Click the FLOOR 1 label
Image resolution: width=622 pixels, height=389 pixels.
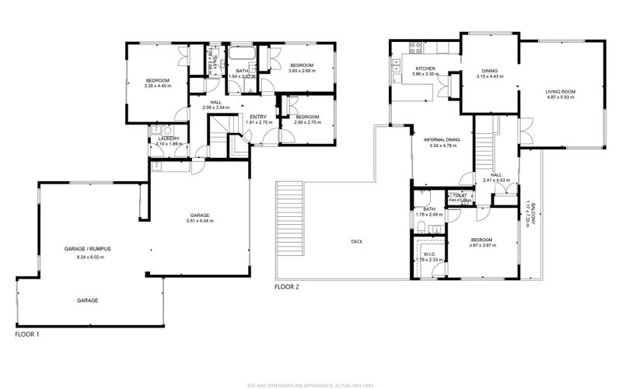pyautogui.click(x=27, y=335)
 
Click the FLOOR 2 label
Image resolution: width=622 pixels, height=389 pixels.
pyautogui.click(x=287, y=287)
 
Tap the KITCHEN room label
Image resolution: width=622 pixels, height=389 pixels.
pyautogui.click(x=425, y=69)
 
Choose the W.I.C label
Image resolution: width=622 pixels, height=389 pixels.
pyautogui.click(x=429, y=254)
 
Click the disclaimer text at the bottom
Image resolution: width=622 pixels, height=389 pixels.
pyautogui.click(x=311, y=384)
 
